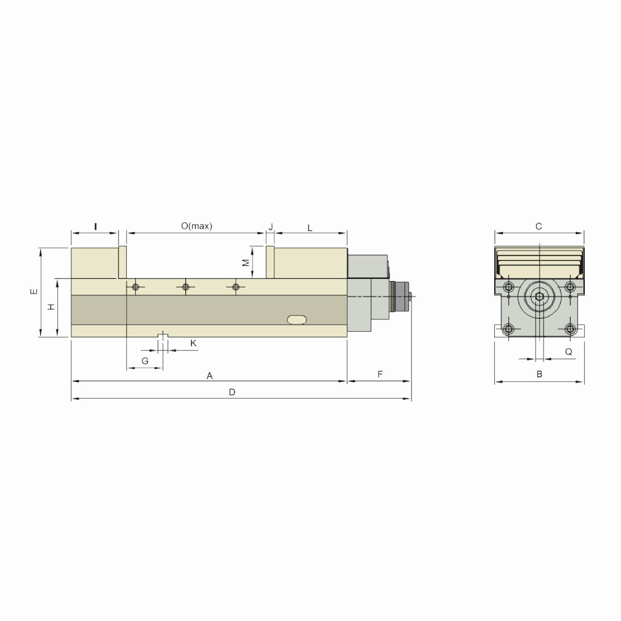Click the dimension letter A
click(210, 376)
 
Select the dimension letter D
click(232, 392)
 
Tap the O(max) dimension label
click(197, 226)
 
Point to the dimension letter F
click(380, 374)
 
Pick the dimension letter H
click(51, 307)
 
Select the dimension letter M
click(246, 262)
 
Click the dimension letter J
click(270, 227)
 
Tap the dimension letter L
click(310, 228)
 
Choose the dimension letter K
click(194, 343)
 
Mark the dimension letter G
click(145, 361)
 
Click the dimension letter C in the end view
click(538, 226)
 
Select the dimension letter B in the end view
click(539, 374)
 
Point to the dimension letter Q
click(568, 352)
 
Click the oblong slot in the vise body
click(298, 319)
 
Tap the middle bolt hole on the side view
click(185, 287)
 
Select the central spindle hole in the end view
click(539, 297)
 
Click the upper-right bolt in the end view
click(570, 287)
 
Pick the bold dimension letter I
click(95, 226)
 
